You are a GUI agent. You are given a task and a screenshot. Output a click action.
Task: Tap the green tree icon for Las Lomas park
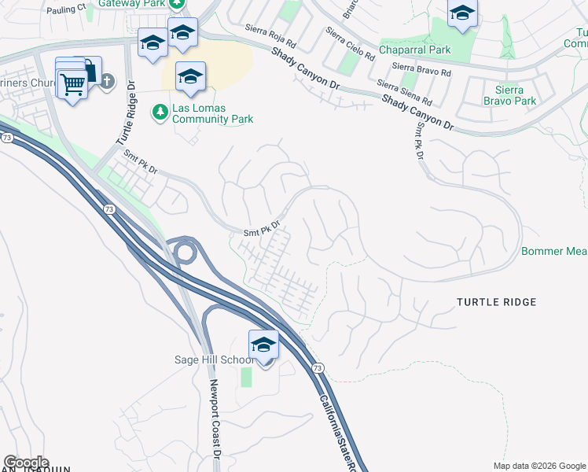pyautogui.click(x=160, y=112)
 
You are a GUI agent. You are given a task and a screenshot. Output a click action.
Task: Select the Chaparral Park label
pyautogui.click(x=415, y=50)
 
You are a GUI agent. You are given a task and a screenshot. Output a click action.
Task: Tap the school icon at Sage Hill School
pyautogui.click(x=263, y=345)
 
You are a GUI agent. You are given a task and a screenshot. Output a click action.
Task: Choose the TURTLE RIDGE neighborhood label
pyautogui.click(x=497, y=302)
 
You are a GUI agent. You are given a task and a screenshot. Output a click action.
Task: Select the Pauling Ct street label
pyautogui.click(x=66, y=10)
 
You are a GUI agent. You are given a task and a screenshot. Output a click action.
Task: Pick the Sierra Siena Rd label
pyautogui.click(x=405, y=92)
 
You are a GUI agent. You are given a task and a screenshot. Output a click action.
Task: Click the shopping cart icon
pyautogui.click(x=72, y=83)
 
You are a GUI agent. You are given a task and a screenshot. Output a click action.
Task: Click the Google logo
pyautogui.click(x=25, y=463)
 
